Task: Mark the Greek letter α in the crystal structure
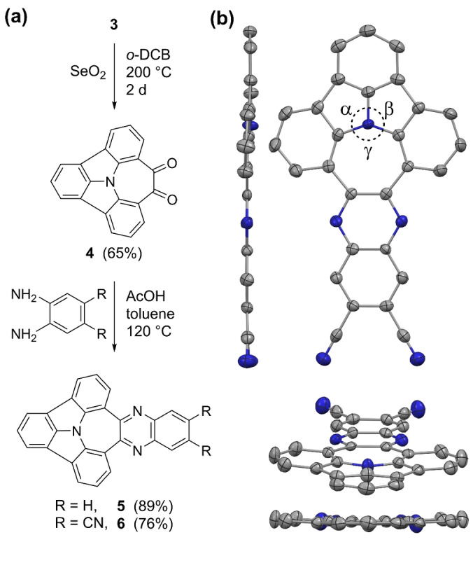pos(344,110)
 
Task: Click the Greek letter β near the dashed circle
pos(390,110)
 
